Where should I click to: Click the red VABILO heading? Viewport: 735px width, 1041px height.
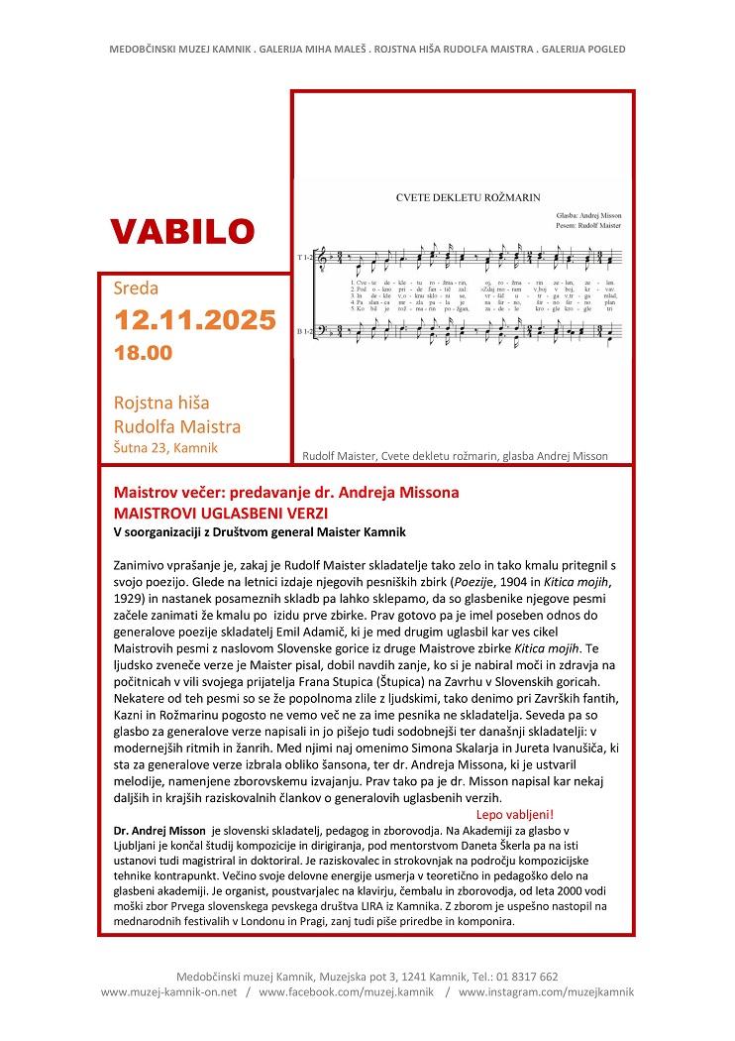(182, 231)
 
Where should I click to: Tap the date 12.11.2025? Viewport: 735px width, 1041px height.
(194, 321)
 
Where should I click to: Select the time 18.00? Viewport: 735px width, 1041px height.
(143, 353)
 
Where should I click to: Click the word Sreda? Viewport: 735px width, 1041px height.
(137, 289)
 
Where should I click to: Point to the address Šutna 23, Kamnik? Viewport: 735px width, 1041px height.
(166, 448)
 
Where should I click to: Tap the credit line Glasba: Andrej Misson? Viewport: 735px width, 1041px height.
(588, 214)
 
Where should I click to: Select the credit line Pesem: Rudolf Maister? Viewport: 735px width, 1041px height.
(588, 226)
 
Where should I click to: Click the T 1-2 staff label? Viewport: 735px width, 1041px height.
(304, 258)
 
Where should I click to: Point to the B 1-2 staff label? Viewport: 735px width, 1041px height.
(304, 330)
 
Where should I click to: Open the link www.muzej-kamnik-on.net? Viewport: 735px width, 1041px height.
(170, 991)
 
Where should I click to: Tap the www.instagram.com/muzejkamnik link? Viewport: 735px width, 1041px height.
(545, 991)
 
